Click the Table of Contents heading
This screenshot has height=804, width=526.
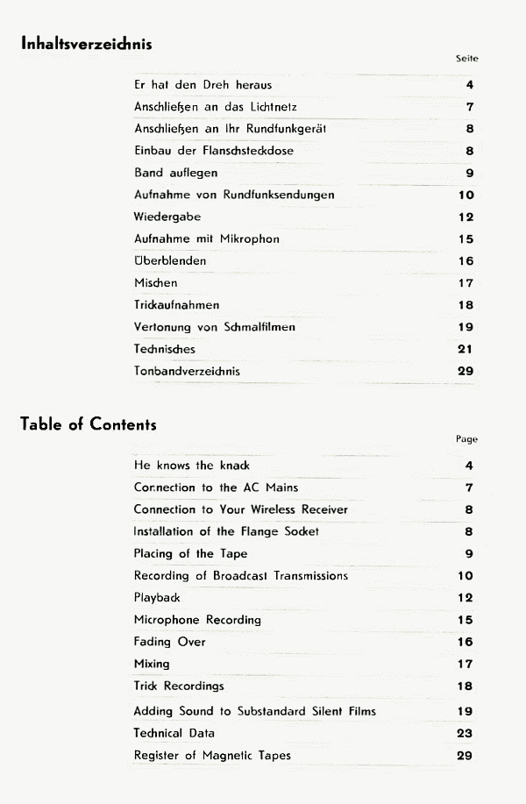click(x=88, y=425)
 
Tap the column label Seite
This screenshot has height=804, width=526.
click(x=467, y=59)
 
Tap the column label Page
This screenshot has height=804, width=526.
click(x=466, y=439)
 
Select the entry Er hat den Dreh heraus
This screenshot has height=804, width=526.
click(x=203, y=85)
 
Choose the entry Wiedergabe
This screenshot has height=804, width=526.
click(x=167, y=217)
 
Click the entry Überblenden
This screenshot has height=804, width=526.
click(x=169, y=261)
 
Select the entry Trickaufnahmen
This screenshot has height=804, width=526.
click(x=176, y=305)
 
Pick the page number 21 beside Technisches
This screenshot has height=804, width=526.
click(x=466, y=349)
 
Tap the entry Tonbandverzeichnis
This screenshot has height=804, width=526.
click(x=187, y=371)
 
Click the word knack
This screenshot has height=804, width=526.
click(x=233, y=466)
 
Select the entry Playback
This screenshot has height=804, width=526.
click(x=157, y=597)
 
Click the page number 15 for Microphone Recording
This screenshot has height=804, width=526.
click(x=466, y=620)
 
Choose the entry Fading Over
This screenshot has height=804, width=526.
click(x=169, y=642)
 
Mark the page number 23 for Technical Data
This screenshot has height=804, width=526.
click(x=466, y=733)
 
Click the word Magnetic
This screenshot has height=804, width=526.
click(x=229, y=755)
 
